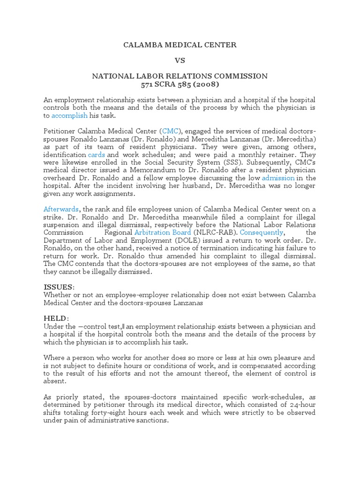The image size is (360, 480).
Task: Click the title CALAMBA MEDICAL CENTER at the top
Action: click(180, 45)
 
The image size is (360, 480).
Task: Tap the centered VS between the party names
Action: click(180, 60)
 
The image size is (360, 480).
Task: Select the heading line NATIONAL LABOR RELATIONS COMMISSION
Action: click(180, 76)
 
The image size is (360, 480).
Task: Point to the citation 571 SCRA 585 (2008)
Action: click(180, 84)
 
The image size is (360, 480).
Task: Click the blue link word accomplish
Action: click(69, 116)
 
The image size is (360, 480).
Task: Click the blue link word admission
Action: click(278, 178)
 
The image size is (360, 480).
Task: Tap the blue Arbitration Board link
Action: click(163, 232)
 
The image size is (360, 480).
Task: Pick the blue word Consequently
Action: click(262, 232)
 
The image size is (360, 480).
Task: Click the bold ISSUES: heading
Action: click(59, 286)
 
